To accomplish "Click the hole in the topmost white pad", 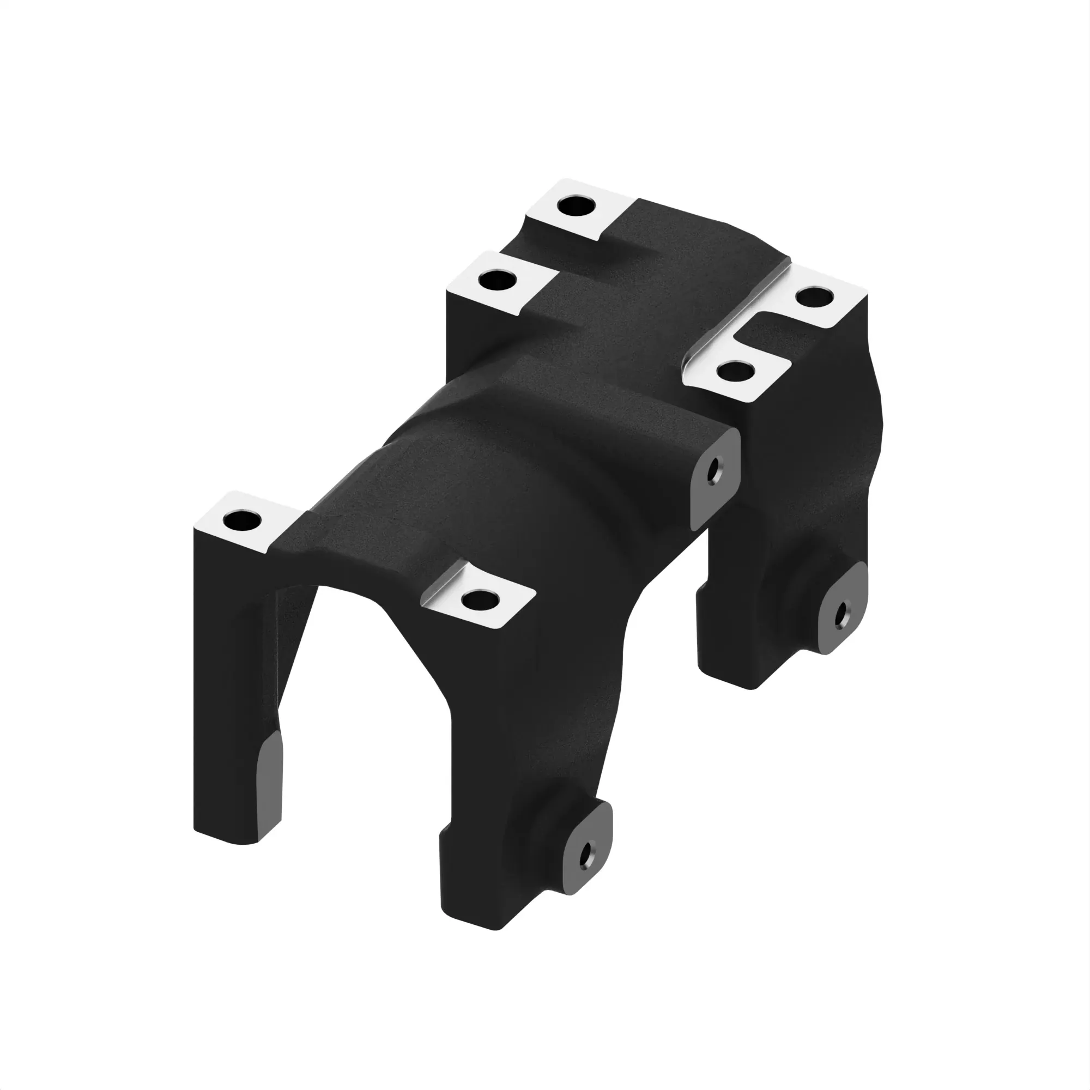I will (576, 206).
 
